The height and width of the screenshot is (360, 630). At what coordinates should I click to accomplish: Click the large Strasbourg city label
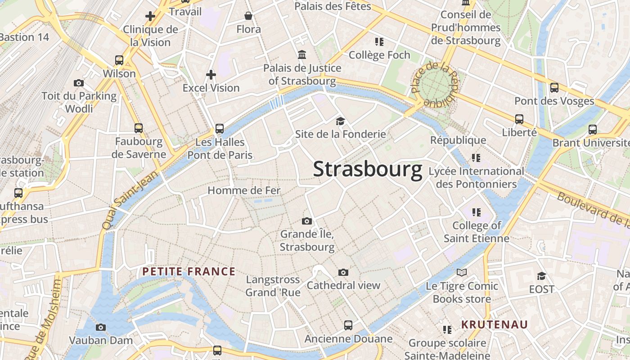(x=367, y=169)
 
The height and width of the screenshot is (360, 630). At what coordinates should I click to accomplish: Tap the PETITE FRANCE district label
(x=189, y=271)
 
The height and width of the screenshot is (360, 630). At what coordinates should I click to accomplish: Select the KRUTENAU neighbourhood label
(x=494, y=324)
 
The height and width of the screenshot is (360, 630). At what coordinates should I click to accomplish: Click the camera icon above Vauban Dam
(x=101, y=327)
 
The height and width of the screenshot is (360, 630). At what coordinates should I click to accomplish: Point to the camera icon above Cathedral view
(x=343, y=272)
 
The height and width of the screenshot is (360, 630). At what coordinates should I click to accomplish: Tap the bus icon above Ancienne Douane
(x=348, y=325)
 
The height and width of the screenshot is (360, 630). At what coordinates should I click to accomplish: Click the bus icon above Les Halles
(x=220, y=129)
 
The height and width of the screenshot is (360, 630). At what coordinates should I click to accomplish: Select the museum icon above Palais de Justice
(x=302, y=55)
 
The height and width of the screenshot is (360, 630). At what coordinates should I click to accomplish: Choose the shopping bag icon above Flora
(x=248, y=16)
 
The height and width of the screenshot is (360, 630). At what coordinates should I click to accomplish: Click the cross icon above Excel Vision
(x=211, y=74)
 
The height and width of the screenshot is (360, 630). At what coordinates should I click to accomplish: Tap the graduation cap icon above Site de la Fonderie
(x=340, y=121)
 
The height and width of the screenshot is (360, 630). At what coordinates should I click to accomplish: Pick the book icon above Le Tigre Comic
(x=462, y=272)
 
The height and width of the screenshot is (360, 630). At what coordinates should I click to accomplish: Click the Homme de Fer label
(x=244, y=190)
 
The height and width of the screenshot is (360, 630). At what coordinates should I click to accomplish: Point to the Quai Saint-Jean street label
(x=130, y=199)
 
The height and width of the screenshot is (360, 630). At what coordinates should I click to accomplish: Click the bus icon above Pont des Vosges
(x=554, y=88)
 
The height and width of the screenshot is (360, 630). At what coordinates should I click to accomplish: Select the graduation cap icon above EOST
(x=541, y=276)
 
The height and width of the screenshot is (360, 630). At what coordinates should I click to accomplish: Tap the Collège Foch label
(x=379, y=55)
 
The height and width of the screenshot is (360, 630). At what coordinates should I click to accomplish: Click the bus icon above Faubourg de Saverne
(x=139, y=128)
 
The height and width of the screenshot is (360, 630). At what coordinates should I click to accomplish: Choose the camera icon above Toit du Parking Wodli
(x=79, y=83)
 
